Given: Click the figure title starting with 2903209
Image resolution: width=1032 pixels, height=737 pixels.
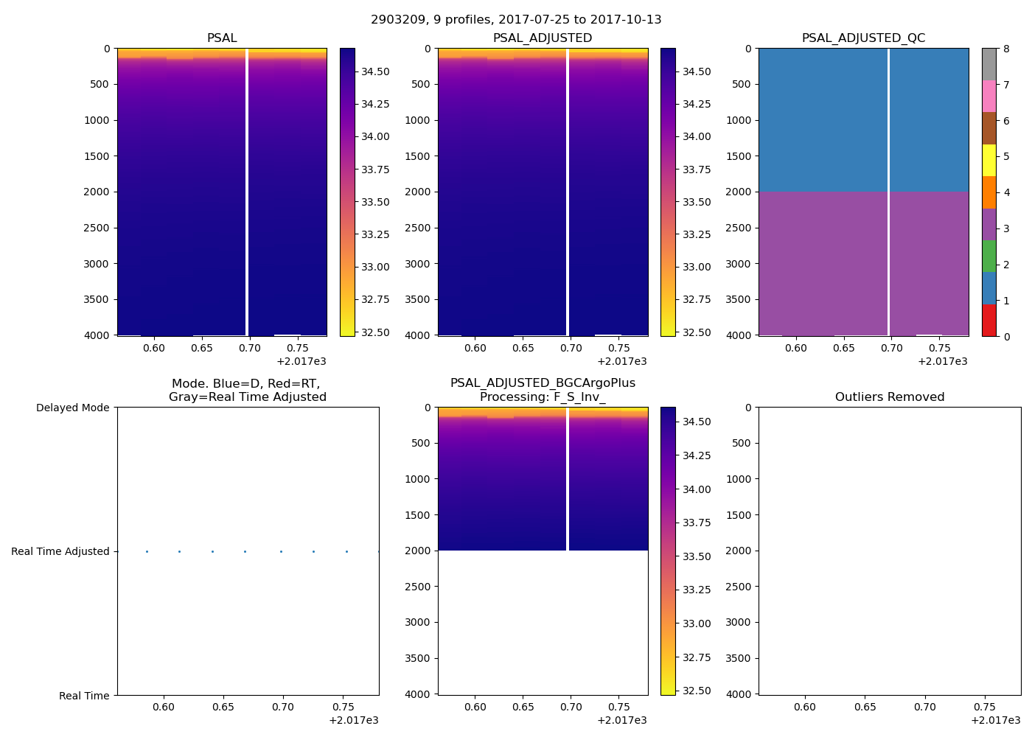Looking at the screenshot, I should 516,20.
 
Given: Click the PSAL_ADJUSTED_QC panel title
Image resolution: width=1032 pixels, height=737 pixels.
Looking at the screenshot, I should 863,38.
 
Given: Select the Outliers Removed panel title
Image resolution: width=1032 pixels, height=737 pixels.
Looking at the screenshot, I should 889,397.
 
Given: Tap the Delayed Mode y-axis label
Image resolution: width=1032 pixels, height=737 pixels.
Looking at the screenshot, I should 72,408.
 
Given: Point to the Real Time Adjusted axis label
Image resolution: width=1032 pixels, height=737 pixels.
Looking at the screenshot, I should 60,551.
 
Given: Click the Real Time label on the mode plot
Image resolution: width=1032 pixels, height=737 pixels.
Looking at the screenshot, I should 84,696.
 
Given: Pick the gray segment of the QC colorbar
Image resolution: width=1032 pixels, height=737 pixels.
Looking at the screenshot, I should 989,64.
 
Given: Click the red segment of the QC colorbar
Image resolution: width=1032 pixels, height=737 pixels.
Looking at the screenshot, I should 989,321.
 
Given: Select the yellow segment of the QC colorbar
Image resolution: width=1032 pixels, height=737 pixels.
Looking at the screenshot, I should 989,160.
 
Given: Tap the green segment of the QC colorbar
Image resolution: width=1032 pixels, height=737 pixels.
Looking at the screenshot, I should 989,256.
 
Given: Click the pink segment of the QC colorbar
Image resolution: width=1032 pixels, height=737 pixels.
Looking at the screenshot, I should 989,96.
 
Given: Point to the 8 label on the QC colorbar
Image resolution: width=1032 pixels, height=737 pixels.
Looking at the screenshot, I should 1006,49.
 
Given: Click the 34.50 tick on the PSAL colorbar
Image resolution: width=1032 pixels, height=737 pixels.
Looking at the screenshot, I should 375,71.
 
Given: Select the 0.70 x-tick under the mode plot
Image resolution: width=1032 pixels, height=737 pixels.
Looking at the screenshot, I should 282,707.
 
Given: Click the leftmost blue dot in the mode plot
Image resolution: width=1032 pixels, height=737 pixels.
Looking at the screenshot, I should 147,551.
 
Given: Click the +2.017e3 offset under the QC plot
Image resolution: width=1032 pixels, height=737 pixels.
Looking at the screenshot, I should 942,361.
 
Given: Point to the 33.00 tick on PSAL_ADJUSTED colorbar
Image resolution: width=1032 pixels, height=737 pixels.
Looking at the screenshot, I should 696,267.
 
